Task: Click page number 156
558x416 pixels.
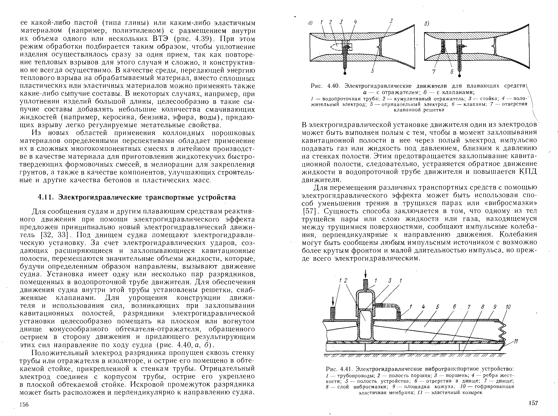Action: coord(24,404)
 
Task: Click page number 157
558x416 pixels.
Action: coord(533,403)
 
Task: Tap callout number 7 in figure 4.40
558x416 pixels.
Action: coord(434,72)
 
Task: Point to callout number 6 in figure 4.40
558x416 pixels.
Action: coord(452,72)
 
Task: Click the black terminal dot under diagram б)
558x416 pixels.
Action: coord(459,75)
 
